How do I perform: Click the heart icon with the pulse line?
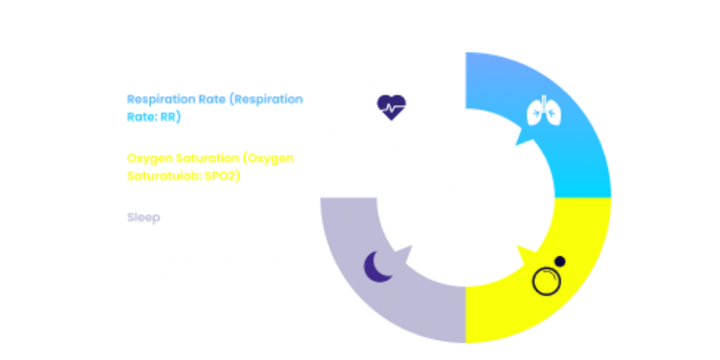(x=392, y=108)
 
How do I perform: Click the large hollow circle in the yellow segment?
(x=545, y=280)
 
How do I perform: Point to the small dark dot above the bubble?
(x=559, y=261)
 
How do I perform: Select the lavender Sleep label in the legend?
(x=143, y=217)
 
